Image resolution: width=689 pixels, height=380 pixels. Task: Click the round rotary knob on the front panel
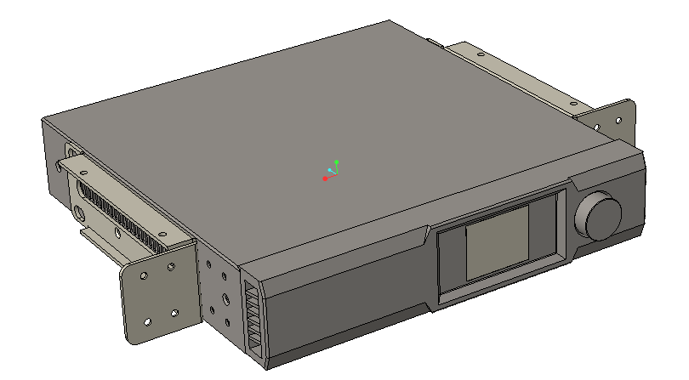point(600,216)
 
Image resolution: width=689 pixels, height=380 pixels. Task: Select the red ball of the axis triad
point(325,179)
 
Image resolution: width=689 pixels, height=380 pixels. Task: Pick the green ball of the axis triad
point(337,162)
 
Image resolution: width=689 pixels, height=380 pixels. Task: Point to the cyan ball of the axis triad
point(330,171)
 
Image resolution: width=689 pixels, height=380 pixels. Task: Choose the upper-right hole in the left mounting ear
point(172,266)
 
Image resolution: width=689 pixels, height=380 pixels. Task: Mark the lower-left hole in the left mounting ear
point(148,322)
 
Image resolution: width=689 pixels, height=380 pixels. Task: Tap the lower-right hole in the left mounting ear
point(174,314)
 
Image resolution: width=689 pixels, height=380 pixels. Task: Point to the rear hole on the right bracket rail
point(479,54)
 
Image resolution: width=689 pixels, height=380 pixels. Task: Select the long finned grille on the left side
point(119,213)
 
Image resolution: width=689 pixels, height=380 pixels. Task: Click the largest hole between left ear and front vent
point(225,299)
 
